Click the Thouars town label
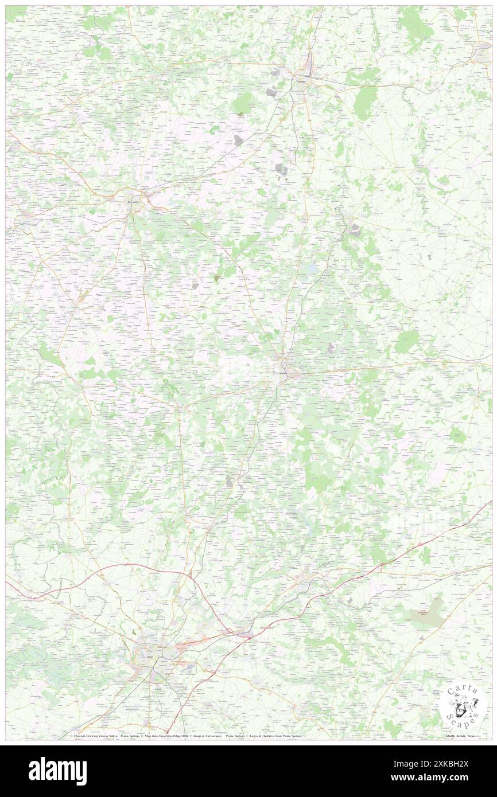click(x=302, y=81)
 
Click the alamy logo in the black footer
click(x=57, y=771)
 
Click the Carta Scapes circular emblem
click(x=462, y=704)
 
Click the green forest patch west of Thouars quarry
click(x=243, y=103)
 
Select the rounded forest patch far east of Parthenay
click(x=407, y=341)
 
